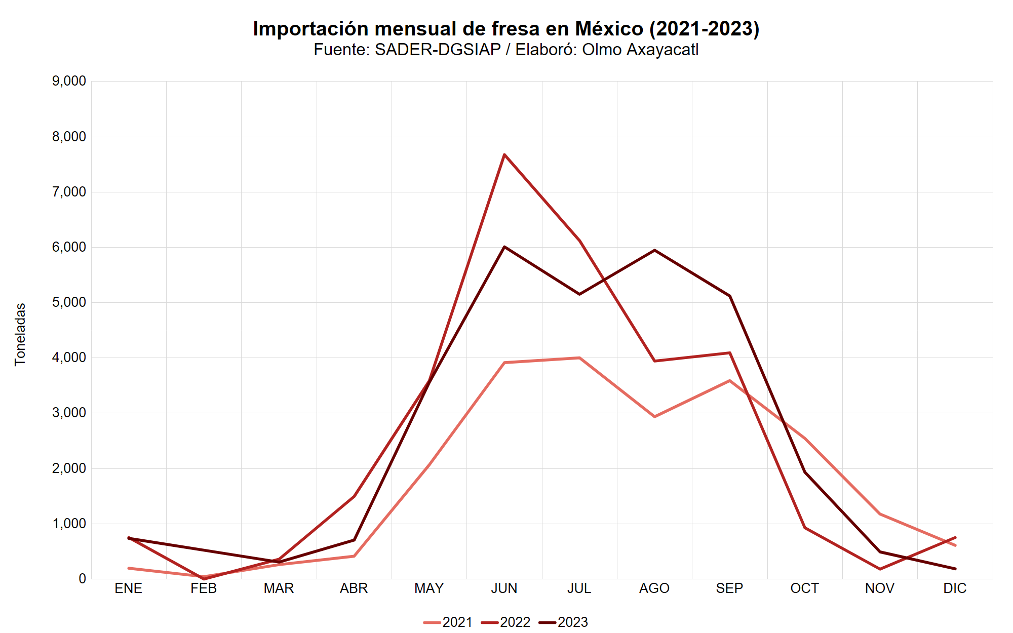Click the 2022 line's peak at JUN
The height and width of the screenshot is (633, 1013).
[x=504, y=154]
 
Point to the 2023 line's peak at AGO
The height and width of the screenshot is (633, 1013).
[x=654, y=250]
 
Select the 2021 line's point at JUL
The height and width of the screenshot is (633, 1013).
[x=579, y=358]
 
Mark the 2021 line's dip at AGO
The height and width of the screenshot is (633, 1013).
[x=654, y=417]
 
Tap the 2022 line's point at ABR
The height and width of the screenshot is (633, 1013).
[x=354, y=497]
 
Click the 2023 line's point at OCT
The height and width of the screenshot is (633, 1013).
[x=805, y=472]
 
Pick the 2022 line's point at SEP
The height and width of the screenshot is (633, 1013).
[x=729, y=353]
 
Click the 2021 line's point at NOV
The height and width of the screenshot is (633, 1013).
[x=880, y=514]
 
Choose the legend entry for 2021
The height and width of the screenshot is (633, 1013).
[x=448, y=622]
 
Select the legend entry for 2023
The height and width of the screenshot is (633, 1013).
[x=563, y=622]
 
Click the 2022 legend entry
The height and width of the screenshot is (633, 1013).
[x=505, y=622]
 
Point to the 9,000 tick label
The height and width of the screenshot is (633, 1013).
[x=69, y=81]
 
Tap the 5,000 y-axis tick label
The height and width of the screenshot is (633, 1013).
[x=69, y=302]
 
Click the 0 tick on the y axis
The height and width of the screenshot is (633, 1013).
[x=82, y=579]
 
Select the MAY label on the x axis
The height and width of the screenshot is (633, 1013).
[x=429, y=588]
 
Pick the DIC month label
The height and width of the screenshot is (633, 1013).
[x=955, y=588]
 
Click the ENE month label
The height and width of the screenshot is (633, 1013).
[x=129, y=588]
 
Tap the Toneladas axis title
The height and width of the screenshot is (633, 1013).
[x=20, y=334]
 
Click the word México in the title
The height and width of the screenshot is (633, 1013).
[x=609, y=29]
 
